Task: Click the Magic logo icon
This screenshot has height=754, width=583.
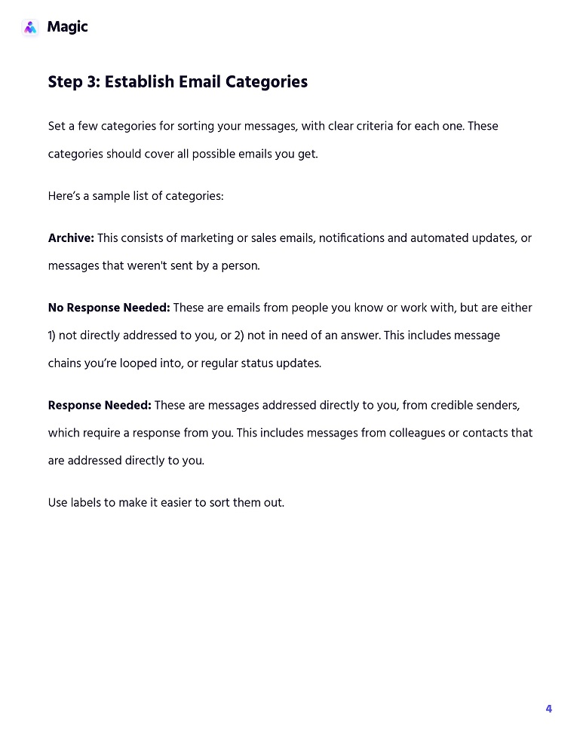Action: tap(30, 28)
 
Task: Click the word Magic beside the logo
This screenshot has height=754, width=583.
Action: tap(67, 27)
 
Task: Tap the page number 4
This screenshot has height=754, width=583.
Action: tap(548, 709)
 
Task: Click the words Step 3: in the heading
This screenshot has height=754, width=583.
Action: tap(74, 81)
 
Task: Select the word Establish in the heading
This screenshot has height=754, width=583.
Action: tap(139, 81)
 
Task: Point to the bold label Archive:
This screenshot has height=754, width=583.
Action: tap(71, 238)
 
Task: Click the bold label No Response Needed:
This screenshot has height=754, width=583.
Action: tap(109, 308)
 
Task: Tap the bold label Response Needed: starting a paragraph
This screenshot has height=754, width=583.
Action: tap(100, 406)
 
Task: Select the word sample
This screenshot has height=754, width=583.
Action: tap(109, 197)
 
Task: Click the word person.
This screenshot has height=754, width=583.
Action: tap(241, 266)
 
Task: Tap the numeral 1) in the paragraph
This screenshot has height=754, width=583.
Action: tap(54, 336)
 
